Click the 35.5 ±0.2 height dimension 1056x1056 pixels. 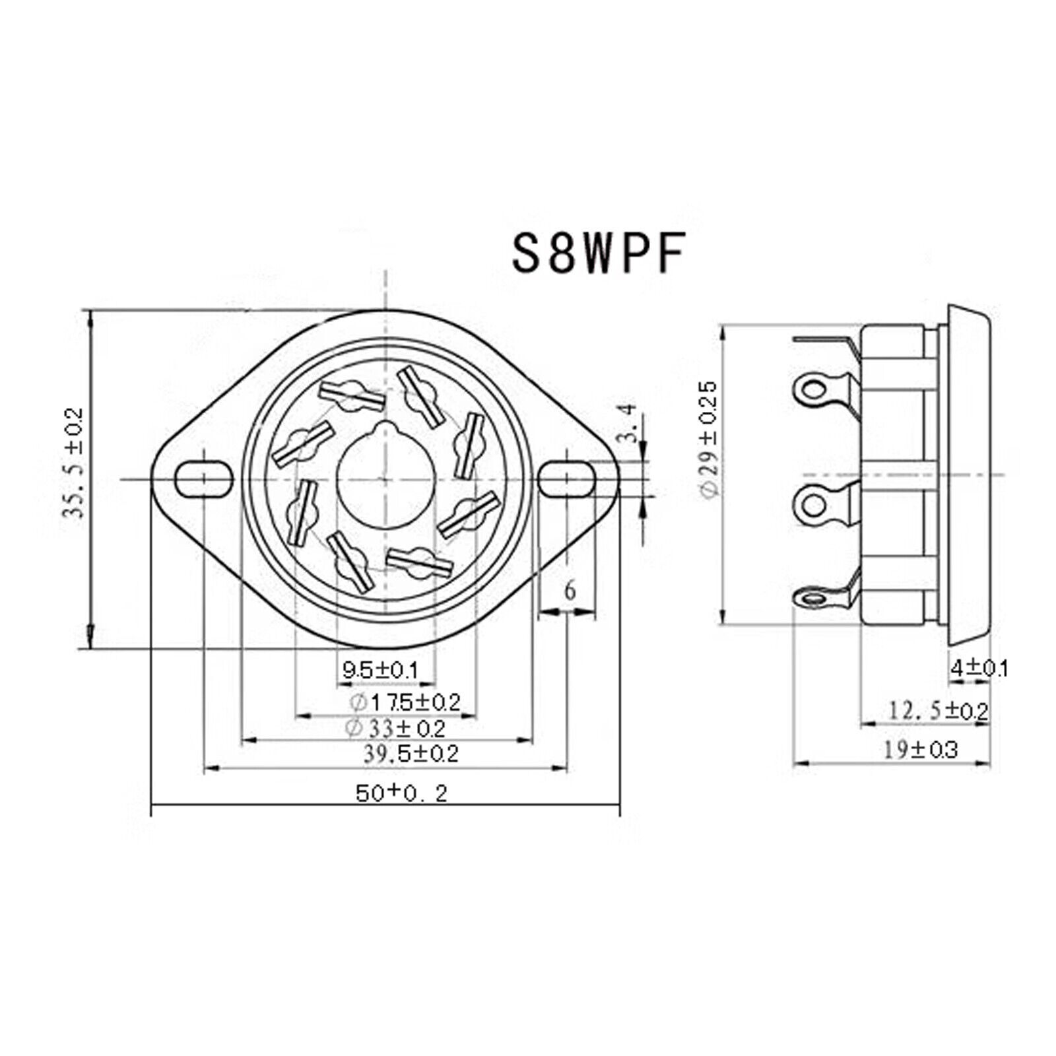[73, 463]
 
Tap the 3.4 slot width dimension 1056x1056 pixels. [630, 423]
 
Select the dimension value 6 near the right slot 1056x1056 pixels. [570, 590]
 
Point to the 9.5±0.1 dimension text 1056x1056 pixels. [380, 671]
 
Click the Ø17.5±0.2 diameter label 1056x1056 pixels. [403, 702]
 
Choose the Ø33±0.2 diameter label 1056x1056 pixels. [395, 728]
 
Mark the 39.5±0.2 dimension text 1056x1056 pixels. [411, 753]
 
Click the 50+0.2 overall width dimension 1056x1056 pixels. [401, 793]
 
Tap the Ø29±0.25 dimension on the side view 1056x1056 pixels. [708, 440]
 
